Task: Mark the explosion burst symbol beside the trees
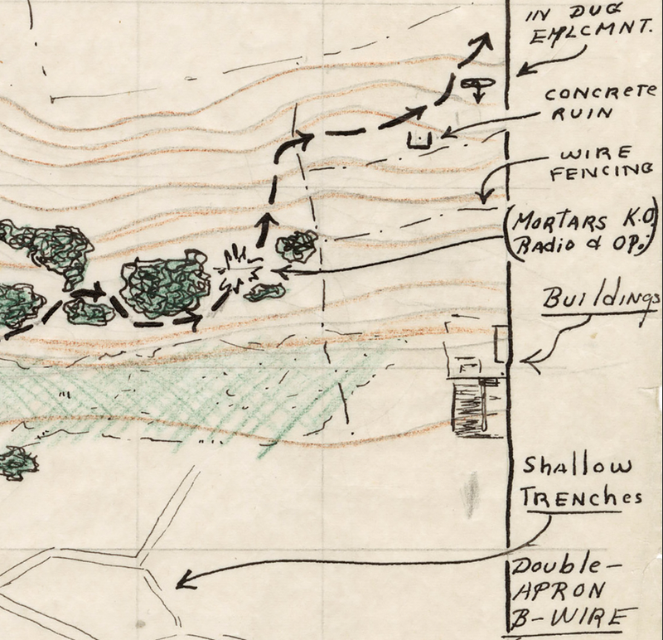tap(239, 269)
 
